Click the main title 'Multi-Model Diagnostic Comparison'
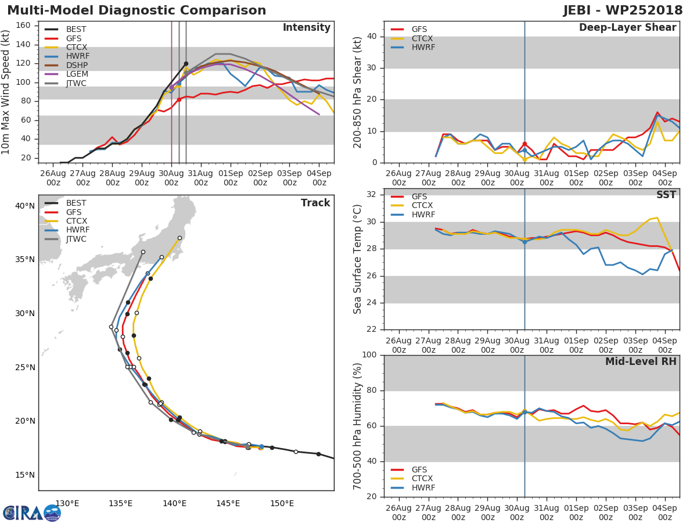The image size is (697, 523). pyautogui.click(x=136, y=10)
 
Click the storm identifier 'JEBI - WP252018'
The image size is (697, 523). pyautogui.click(x=623, y=10)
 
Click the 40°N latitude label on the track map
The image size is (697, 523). pyautogui.click(x=24, y=206)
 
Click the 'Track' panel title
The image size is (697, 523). pyautogui.click(x=315, y=203)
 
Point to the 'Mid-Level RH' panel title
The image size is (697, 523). pyautogui.click(x=641, y=361)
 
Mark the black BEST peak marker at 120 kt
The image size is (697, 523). pyautogui.click(x=186, y=64)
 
